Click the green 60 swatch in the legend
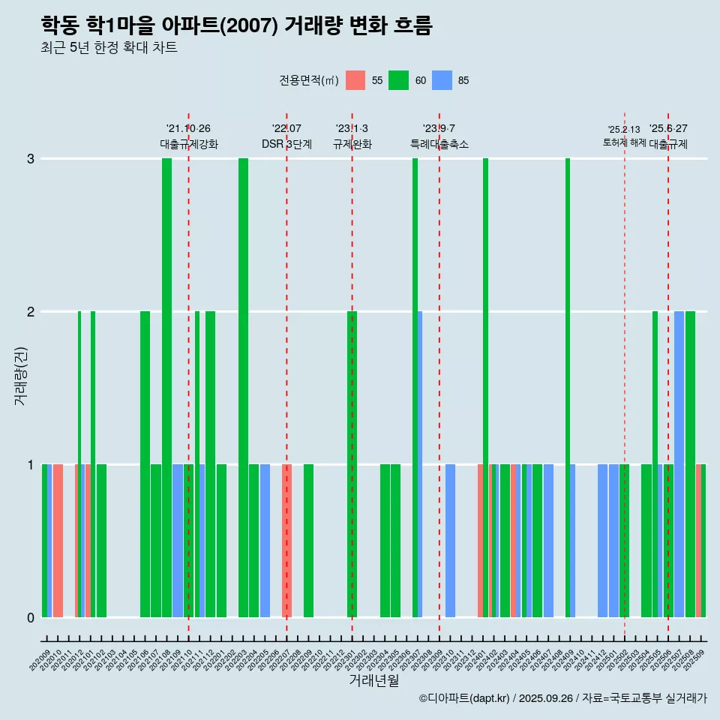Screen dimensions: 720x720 (398, 80)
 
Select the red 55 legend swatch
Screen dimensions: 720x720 (355, 80)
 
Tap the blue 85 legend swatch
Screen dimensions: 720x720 (442, 80)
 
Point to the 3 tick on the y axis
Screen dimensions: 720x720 (31, 159)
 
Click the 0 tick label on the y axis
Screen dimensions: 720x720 (31, 618)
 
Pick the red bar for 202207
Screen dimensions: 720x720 (286, 541)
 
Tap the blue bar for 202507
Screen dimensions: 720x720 (679, 464)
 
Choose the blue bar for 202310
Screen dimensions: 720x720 (450, 541)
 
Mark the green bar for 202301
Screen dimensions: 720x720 (352, 464)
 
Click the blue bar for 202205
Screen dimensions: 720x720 (265, 541)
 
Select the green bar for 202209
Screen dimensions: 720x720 (308, 541)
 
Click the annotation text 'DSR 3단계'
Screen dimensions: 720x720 (286, 144)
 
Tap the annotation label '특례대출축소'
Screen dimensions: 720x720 (439, 144)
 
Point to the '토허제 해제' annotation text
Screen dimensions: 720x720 (624, 142)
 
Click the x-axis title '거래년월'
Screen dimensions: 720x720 (373, 680)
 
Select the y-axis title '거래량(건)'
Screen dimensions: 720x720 (20, 376)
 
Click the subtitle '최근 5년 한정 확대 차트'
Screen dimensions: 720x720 (109, 48)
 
